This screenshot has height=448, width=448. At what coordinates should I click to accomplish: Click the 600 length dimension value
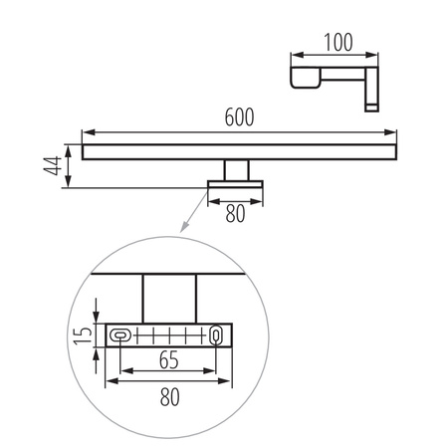[239, 116]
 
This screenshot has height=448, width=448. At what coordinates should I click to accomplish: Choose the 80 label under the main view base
[236, 211]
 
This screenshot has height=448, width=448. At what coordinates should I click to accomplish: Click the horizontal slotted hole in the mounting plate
[121, 336]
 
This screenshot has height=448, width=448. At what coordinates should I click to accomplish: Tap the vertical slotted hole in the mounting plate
[215, 336]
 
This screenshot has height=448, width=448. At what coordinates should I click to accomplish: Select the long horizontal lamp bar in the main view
[239, 151]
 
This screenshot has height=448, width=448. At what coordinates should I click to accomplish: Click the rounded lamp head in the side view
[303, 78]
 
